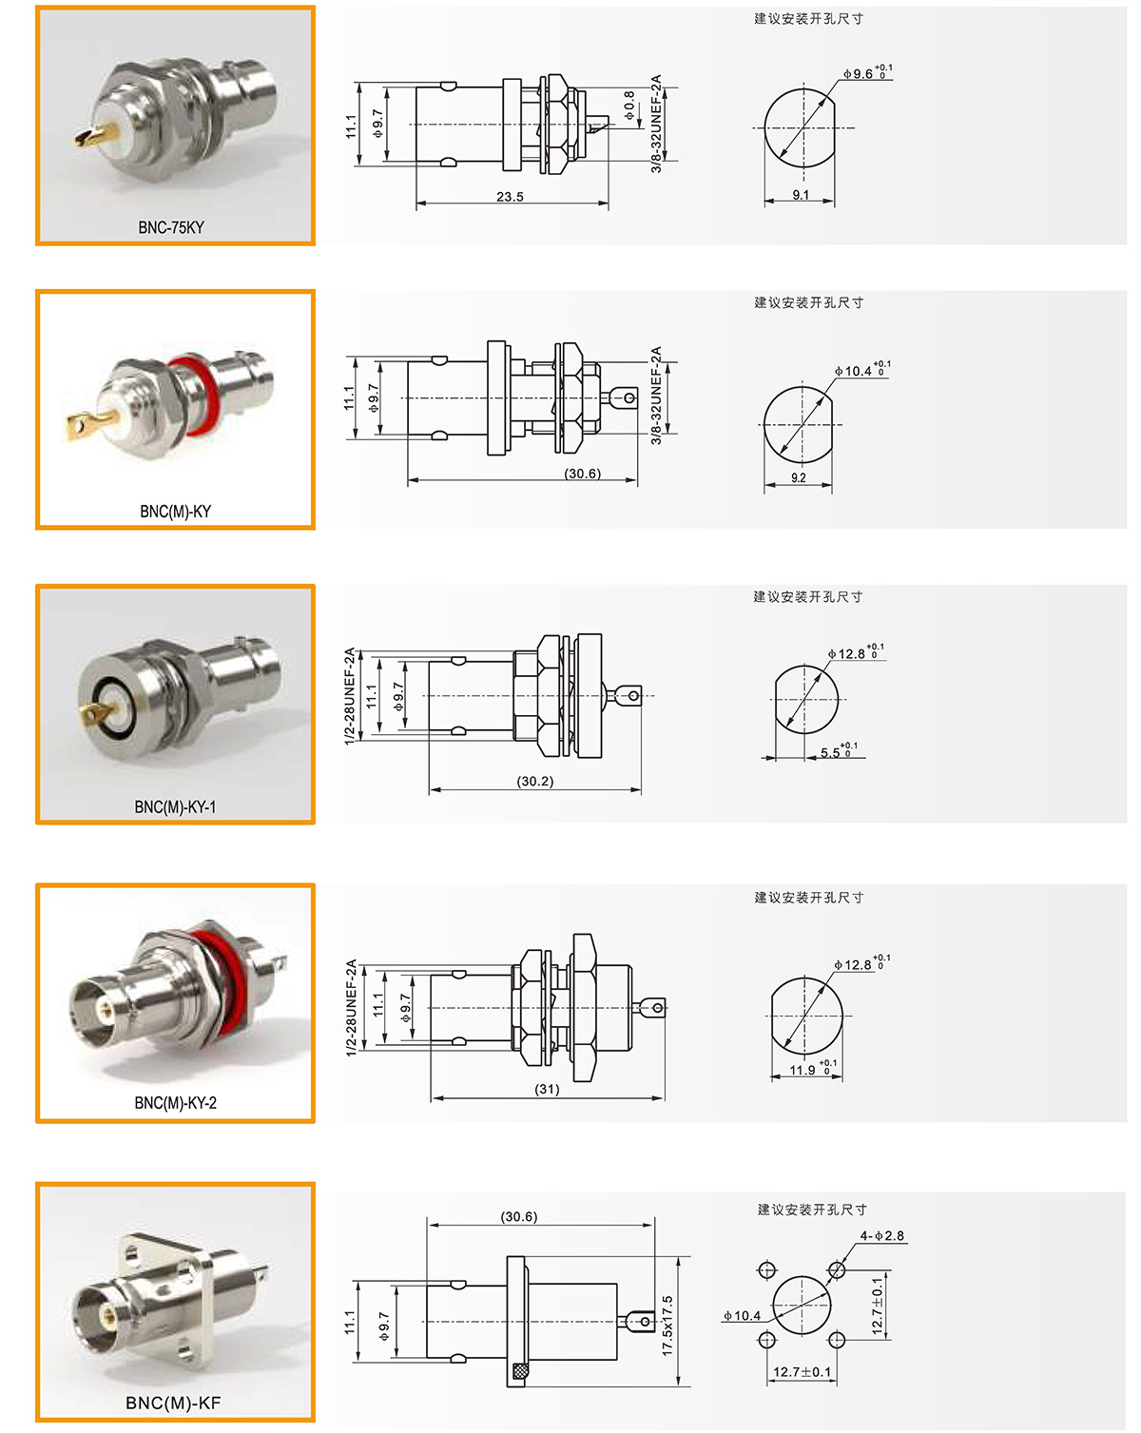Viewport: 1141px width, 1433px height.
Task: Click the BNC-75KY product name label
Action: pyautogui.click(x=171, y=227)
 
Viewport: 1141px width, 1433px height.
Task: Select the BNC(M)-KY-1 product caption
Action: pyautogui.click(x=175, y=807)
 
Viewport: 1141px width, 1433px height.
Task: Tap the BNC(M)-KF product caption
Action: pyautogui.click(x=173, y=1403)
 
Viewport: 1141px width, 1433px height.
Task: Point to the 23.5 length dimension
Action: pyautogui.click(x=510, y=197)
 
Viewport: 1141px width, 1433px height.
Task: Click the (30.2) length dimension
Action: pyautogui.click(x=535, y=781)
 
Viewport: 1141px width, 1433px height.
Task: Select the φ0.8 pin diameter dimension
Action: pyautogui.click(x=629, y=106)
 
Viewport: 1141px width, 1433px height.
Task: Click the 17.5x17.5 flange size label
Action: pyautogui.click(x=667, y=1326)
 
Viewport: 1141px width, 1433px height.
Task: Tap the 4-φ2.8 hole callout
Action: pyautogui.click(x=881, y=1236)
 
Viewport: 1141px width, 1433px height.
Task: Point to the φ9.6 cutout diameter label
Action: pyautogui.click(x=867, y=72)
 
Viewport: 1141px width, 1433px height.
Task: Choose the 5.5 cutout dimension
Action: pyautogui.click(x=839, y=751)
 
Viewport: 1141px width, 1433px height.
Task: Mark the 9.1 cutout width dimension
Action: pyautogui.click(x=800, y=194)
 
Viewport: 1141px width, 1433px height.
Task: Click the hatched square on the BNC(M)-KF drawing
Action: pyautogui.click(x=519, y=1371)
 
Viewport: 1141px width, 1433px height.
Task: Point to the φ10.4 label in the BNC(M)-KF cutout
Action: pyautogui.click(x=742, y=1315)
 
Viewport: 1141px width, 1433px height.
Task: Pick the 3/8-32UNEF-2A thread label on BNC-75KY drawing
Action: pyautogui.click(x=656, y=124)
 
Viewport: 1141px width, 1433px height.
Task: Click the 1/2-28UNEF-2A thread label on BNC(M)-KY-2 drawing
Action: pyautogui.click(x=352, y=1008)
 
